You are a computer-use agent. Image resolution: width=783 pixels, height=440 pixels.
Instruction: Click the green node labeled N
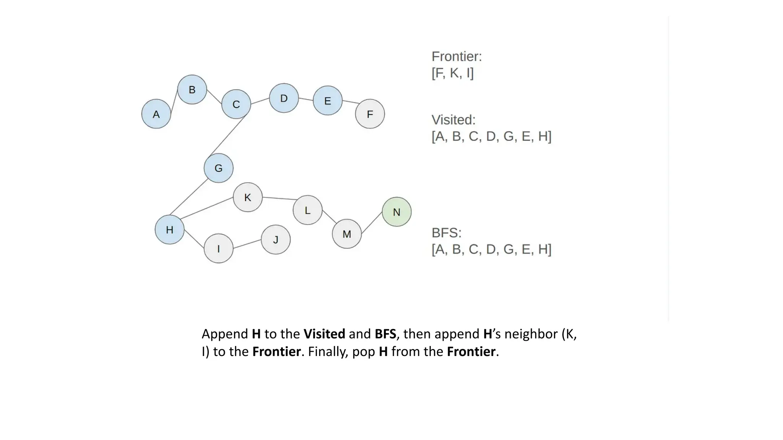point(396,212)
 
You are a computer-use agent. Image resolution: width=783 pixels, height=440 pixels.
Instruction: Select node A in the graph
point(156,114)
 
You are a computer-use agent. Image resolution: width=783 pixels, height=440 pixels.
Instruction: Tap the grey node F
point(370,114)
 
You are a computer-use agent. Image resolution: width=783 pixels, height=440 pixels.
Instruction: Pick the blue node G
point(218,168)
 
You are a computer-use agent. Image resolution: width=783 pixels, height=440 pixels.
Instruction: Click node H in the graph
point(169,230)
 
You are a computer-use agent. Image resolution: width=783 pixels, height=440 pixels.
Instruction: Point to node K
point(248,197)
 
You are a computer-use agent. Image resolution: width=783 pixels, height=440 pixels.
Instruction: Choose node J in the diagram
point(276,239)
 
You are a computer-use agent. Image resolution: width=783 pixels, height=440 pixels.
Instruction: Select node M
point(347,234)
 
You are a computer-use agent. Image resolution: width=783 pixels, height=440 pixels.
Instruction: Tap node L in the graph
point(307,210)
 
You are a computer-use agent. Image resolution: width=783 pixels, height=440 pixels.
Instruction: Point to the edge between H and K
point(207,208)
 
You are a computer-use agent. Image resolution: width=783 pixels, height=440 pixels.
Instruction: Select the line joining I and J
point(247,244)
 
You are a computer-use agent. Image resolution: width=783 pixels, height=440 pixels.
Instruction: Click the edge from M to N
point(372,223)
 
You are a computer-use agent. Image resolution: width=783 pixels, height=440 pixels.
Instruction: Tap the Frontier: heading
point(456,57)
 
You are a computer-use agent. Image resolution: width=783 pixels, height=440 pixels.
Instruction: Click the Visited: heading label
point(453,120)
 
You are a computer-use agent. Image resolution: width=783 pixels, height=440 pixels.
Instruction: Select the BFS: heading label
point(447,233)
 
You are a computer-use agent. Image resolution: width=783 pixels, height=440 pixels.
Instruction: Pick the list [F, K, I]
point(453,73)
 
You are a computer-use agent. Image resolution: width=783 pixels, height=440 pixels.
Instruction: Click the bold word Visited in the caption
point(324,334)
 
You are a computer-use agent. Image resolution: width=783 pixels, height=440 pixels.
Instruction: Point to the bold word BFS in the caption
point(385,334)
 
